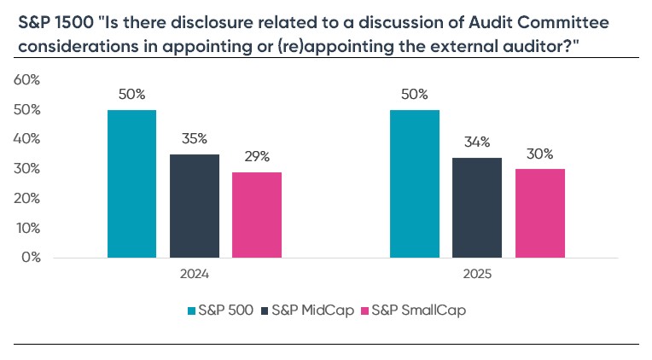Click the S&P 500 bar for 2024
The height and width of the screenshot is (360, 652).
132,183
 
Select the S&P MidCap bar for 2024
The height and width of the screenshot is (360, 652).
195,206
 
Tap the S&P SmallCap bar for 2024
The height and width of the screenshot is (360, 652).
257,214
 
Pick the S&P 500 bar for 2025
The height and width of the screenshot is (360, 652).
415,183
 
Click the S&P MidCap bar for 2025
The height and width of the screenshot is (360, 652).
477,207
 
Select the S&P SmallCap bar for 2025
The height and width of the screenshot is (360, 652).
539,213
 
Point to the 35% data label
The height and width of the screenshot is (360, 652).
195,139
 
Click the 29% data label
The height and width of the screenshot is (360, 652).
257,157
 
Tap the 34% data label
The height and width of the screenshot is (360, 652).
477,142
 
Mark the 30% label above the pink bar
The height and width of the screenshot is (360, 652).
539,154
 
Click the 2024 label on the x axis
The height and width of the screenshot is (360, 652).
195,276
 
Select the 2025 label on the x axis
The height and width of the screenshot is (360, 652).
477,276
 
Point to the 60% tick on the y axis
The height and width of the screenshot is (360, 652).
28,79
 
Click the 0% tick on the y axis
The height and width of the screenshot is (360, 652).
32,257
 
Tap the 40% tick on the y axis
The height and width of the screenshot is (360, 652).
28,138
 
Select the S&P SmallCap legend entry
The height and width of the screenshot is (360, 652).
411,311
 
